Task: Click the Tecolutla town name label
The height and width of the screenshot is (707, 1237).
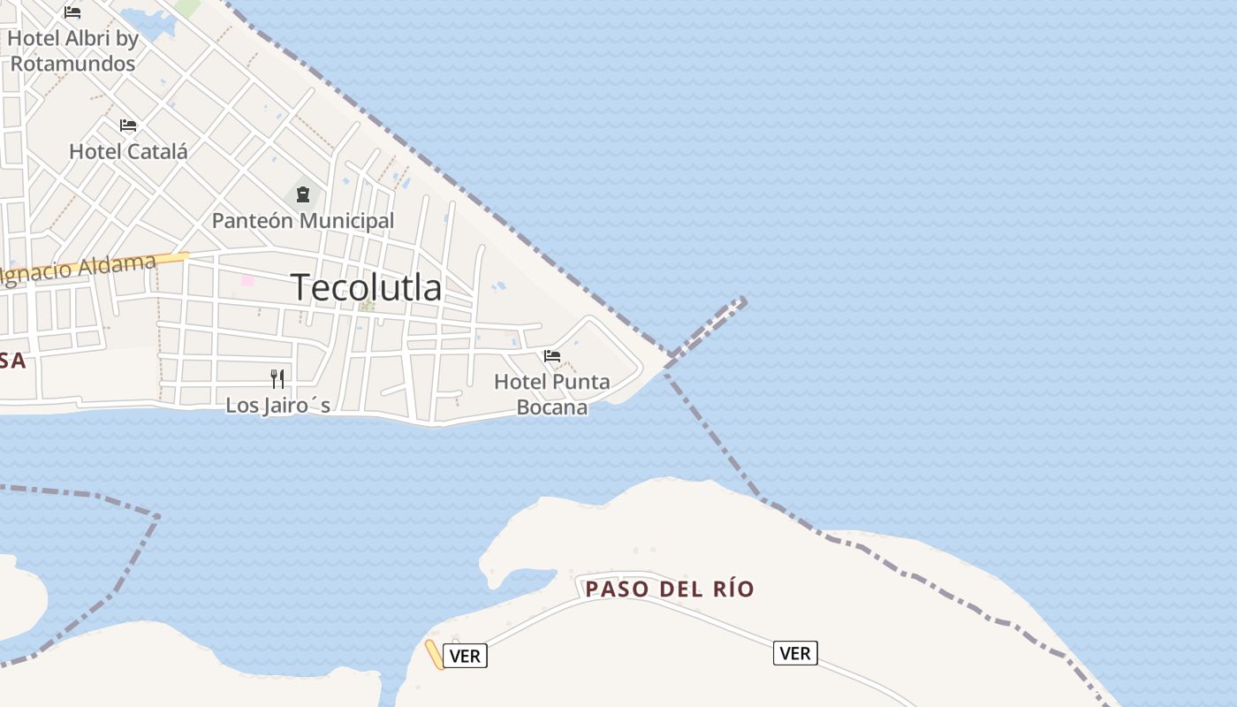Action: (366, 287)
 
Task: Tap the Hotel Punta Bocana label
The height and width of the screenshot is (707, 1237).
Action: (552, 394)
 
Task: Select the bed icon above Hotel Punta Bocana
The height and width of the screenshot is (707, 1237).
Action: (552, 356)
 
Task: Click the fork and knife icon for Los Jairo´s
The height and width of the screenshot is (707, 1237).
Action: (277, 379)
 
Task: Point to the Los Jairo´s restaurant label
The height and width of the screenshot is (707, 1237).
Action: (277, 406)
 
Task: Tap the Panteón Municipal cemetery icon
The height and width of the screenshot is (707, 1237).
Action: (303, 194)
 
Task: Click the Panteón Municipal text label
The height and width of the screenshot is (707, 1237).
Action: (303, 220)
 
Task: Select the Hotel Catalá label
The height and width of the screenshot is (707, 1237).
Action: (128, 151)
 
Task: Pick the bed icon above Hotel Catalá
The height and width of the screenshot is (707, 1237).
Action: (128, 125)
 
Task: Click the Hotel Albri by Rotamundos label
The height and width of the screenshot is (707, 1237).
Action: (73, 50)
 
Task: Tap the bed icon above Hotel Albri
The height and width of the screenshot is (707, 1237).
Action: (72, 12)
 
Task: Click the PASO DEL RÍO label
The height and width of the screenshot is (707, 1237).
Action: (670, 589)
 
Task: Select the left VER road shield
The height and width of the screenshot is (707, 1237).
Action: (465, 656)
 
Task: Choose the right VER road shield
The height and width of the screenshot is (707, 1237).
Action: (795, 653)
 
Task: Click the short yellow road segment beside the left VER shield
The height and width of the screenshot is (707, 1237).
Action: (434, 654)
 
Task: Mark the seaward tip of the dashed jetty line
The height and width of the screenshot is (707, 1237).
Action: (744, 301)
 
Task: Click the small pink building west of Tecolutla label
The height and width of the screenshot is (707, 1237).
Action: (247, 280)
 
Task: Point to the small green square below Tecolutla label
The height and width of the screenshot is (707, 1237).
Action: (367, 307)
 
